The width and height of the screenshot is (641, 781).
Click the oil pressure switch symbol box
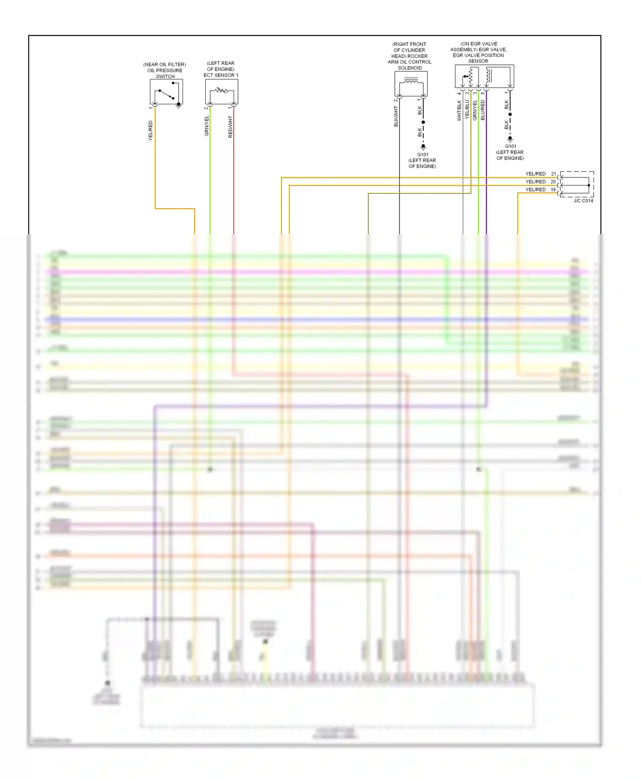click(166, 91)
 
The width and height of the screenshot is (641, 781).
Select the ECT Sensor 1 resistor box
click(221, 91)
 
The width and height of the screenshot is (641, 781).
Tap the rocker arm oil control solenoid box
click(411, 83)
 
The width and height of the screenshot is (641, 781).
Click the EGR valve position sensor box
click(484, 76)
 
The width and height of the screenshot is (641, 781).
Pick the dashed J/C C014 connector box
click(576, 184)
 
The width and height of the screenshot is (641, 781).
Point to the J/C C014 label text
click(583, 201)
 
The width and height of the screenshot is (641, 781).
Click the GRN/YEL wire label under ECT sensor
click(207, 126)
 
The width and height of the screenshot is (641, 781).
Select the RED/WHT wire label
click(230, 126)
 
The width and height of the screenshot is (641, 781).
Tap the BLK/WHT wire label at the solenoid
click(396, 117)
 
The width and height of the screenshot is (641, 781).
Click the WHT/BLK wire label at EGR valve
click(459, 111)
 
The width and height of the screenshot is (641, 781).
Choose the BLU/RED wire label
click(483, 110)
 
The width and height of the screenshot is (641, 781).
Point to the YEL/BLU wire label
click(467, 109)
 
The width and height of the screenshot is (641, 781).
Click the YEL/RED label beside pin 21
click(535, 174)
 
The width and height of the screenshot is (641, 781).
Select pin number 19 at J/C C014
click(553, 190)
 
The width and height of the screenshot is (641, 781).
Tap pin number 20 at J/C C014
click(553, 182)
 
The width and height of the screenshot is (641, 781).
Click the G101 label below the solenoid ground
click(423, 155)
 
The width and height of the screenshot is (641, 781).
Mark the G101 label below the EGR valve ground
click(510, 146)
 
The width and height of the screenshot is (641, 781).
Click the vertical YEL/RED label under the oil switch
click(150, 131)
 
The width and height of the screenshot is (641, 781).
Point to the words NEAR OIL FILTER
click(165, 65)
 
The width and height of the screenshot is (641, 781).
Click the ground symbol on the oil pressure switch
click(179, 105)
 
